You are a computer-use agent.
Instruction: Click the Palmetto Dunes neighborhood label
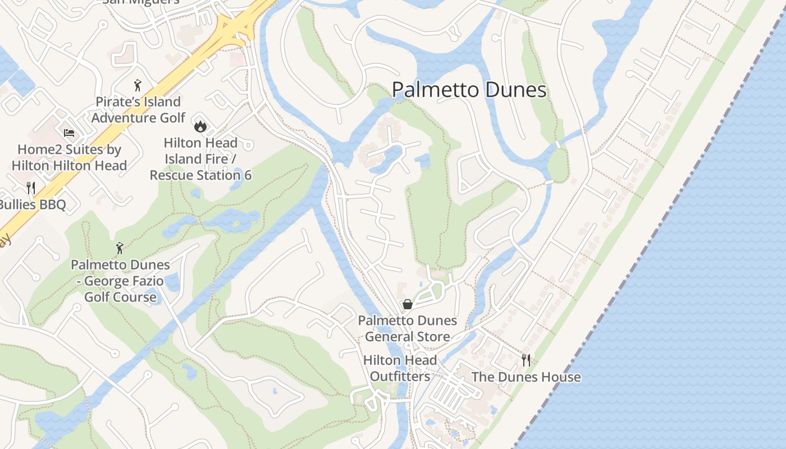tap(469, 90)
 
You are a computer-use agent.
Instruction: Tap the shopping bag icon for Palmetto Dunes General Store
tap(408, 304)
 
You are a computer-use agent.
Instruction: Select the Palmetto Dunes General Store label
tap(408, 329)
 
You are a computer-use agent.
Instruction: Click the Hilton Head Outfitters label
tap(400, 368)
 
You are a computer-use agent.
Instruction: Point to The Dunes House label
tap(526, 377)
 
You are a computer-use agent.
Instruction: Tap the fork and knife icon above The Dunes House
tap(526, 360)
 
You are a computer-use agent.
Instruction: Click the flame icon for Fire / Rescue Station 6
tap(200, 126)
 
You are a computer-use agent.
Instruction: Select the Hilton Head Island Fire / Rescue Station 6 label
tap(200, 159)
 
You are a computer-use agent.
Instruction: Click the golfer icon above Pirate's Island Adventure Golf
tap(138, 85)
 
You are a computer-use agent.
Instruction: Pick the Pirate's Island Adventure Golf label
tap(138, 109)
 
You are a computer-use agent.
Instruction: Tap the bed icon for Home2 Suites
tap(69, 133)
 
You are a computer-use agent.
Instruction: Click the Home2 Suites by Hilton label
tap(69, 158)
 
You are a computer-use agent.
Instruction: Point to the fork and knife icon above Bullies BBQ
tap(31, 187)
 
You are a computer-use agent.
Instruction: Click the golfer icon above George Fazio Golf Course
tap(120, 248)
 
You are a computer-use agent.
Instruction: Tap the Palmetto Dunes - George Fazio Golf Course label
tap(120, 281)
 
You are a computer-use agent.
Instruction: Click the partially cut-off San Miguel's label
tap(140, 2)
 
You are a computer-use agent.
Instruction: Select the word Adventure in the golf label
tap(122, 117)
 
